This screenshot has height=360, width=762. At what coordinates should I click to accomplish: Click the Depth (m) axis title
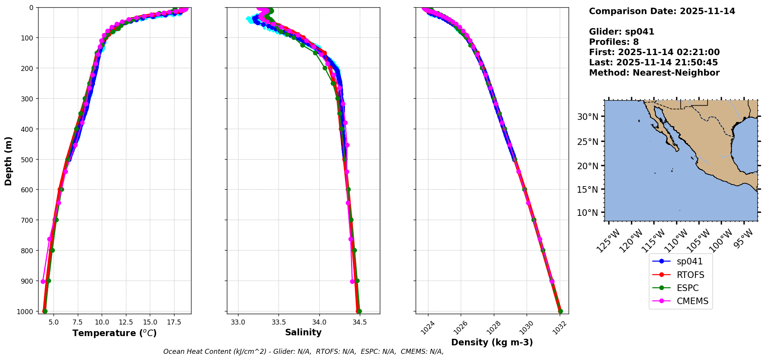(8, 161)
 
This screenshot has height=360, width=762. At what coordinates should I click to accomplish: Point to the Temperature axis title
(114, 333)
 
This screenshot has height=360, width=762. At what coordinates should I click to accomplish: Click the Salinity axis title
(303, 332)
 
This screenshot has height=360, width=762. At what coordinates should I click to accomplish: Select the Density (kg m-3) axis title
(492, 342)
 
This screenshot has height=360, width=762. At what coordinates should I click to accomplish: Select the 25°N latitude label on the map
(587, 141)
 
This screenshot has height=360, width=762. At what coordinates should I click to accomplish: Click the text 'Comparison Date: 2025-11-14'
(662, 11)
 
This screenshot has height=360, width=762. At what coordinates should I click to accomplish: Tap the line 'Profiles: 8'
(614, 42)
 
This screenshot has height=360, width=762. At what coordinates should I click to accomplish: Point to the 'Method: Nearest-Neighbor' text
(654, 73)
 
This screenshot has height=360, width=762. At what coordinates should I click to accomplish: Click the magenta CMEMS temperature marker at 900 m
(43, 281)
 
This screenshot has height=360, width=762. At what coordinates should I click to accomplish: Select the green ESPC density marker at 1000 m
(560, 311)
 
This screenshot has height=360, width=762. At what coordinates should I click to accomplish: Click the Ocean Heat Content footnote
(303, 352)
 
